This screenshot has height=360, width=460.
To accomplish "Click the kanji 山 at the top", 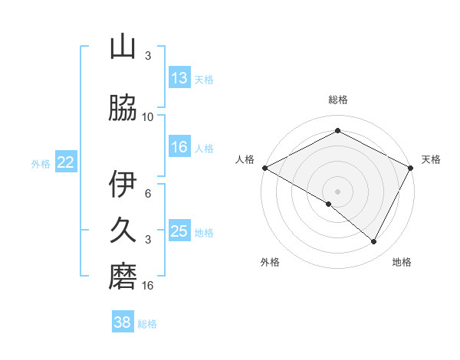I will pos(123,47).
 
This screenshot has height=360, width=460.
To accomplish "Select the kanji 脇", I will pos(123,110).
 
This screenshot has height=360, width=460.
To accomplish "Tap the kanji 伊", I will pos(123,185).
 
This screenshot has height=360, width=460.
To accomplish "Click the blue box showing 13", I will pos(179,78).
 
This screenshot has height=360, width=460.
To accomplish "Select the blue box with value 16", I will pos(179,147).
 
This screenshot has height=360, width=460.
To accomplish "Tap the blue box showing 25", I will pos(179,231).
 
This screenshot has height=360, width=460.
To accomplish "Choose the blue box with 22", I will pos(66,162).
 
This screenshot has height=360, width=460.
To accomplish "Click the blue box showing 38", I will pos(123,322).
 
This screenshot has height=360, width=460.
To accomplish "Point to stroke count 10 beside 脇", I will pos(148,117).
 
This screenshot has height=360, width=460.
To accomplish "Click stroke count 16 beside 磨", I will pos(148,286).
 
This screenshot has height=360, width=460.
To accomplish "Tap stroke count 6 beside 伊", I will pos(148,194).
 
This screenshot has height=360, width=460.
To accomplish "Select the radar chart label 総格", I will pos(338,100).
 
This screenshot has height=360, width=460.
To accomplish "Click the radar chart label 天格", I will pos(431,159).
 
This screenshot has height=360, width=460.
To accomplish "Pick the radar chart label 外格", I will pos(270,262).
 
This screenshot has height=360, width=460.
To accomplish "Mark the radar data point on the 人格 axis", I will pos(264,168).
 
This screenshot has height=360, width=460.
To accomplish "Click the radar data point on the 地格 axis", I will pos(374,241).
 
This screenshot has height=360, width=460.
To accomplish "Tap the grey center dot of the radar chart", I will pos(338,191).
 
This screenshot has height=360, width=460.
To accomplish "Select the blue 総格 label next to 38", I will pos(147,324).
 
